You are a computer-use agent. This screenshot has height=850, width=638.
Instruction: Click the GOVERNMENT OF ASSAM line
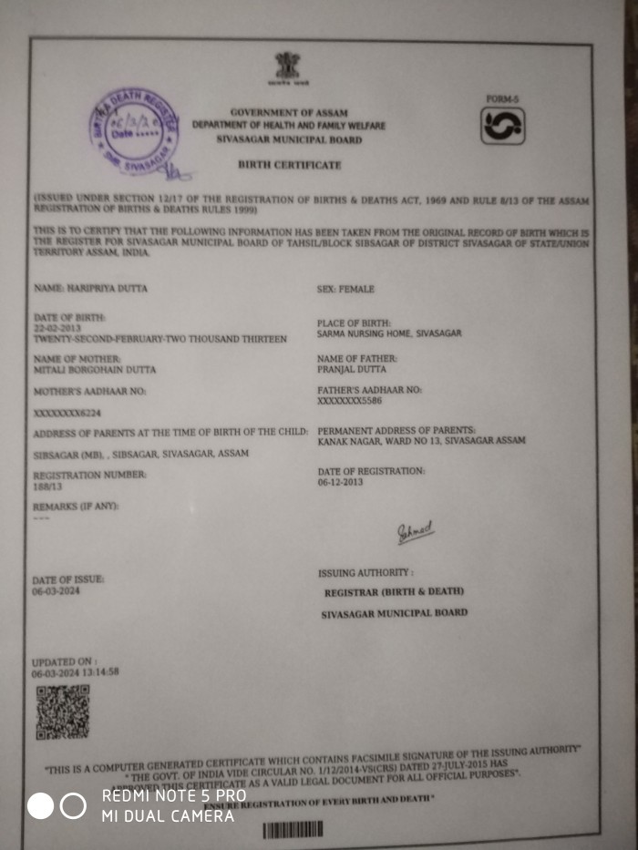[289, 112]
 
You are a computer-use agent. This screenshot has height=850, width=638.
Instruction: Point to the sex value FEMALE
[356, 290]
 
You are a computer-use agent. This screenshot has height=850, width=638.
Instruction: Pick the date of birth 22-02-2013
[57, 327]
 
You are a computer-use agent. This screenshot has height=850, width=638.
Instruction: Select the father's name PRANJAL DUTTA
[352, 369]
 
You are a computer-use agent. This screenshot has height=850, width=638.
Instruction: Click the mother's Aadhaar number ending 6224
[67, 413]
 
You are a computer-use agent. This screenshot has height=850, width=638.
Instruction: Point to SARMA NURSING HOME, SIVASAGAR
[389, 333]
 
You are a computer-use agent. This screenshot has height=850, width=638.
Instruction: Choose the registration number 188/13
[48, 486]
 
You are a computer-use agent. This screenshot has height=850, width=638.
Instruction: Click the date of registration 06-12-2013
[341, 482]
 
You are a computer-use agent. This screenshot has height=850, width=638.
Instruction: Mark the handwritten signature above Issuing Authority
[415, 534]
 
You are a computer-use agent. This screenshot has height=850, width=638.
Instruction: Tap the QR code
[62, 712]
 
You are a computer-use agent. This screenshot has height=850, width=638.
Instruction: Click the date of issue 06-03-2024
[57, 591]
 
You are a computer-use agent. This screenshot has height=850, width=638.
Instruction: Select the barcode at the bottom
[293, 830]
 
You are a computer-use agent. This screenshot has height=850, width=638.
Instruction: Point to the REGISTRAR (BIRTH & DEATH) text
[394, 592]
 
